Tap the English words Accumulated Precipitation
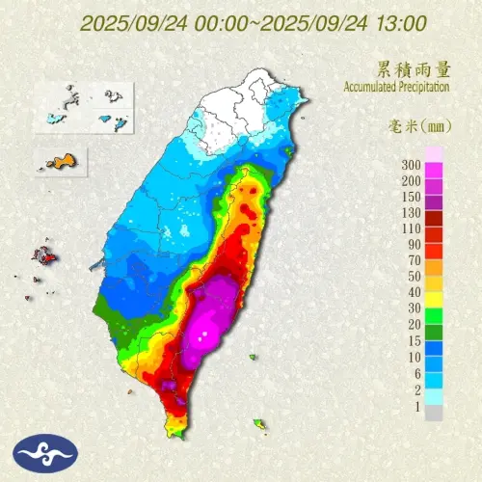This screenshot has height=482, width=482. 396,88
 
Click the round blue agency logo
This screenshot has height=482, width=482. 38,453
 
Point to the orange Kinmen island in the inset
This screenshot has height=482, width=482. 60,160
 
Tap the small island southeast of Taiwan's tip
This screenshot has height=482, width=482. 259,423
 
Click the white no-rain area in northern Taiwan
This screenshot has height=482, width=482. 241,106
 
